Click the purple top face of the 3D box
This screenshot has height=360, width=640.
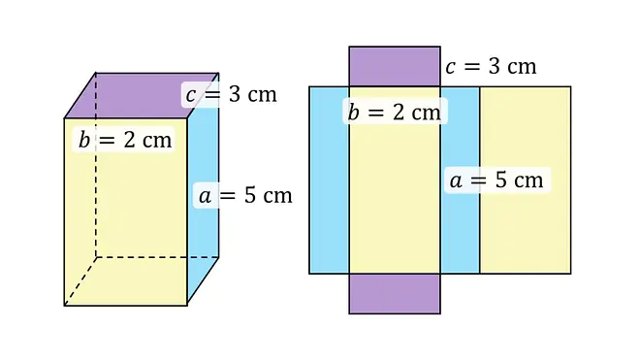[x=139, y=96]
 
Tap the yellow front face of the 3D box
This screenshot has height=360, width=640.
[x=126, y=220]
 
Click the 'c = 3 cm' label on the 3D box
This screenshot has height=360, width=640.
[x=231, y=95]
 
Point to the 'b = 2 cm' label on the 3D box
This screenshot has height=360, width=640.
[x=125, y=140]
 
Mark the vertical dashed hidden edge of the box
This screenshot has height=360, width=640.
[x=96, y=165]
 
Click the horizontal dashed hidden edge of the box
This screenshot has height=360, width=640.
[x=157, y=257]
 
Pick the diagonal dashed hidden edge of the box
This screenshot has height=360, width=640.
[x=80, y=281]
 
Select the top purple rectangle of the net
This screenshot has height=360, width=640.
[x=395, y=66]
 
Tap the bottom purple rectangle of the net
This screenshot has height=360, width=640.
[x=395, y=294]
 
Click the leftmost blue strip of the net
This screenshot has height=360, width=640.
[x=329, y=180]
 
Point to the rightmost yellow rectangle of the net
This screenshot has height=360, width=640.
[x=526, y=180]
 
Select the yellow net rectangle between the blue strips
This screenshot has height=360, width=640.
[x=395, y=192]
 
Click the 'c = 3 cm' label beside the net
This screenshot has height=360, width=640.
[x=491, y=67]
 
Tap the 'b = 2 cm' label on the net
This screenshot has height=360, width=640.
[x=395, y=112]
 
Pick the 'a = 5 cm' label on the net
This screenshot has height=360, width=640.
[x=496, y=180]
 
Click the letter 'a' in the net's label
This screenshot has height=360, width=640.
[x=456, y=181]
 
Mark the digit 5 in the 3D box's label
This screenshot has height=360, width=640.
[x=250, y=195]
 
